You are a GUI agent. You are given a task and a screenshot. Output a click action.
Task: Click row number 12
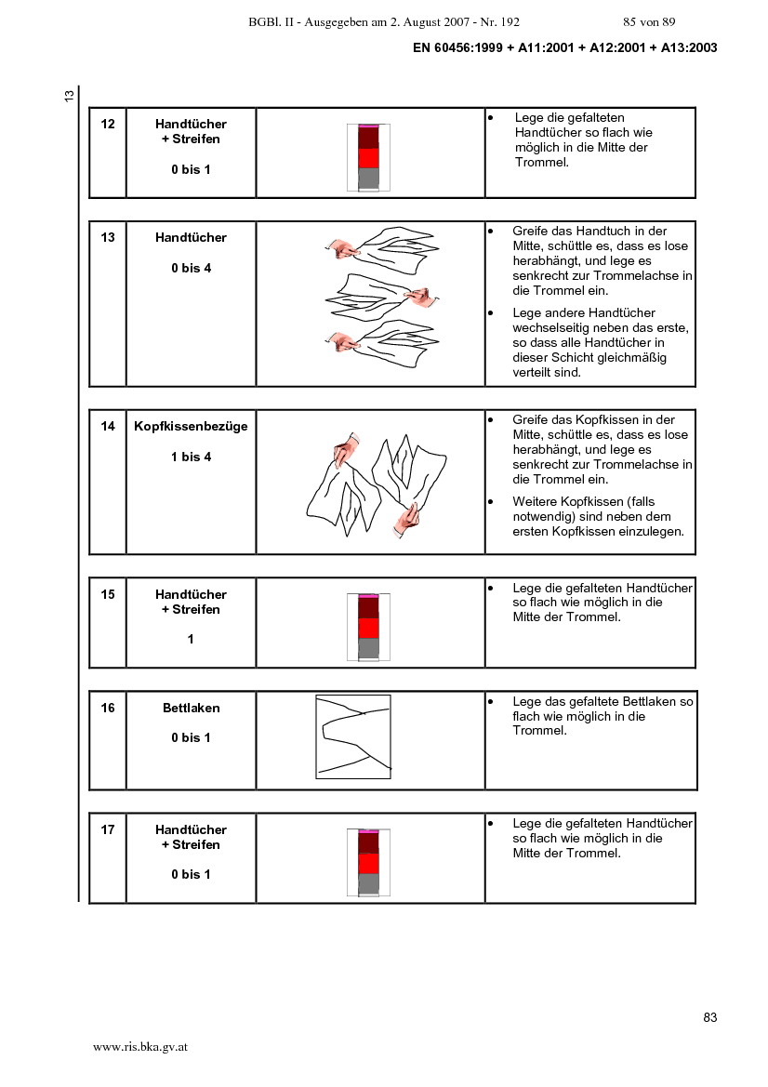tap(108, 124)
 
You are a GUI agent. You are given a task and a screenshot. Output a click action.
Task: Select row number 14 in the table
tap(108, 427)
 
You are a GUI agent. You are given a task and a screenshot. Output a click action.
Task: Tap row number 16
tap(108, 708)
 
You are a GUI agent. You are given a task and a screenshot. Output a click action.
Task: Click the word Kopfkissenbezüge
tap(191, 427)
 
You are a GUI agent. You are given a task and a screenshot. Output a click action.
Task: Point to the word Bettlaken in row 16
tap(192, 708)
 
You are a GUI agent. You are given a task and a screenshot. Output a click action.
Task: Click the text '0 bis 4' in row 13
tap(192, 269)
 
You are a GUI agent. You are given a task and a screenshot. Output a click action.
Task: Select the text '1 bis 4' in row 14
tap(192, 457)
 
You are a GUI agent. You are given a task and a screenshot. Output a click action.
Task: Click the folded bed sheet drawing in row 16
tap(353, 737)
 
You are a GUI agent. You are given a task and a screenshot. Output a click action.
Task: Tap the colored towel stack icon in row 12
tap(369, 157)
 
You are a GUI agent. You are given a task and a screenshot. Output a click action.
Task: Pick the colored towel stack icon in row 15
tap(369, 628)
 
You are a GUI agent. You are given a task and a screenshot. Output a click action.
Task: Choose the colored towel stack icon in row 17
tap(369, 862)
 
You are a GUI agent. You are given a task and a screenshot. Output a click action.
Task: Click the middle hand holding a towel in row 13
tap(421, 297)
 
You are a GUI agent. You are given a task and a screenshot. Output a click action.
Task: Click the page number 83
tap(710, 1017)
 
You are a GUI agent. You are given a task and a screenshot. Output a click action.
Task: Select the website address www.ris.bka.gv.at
tap(140, 1048)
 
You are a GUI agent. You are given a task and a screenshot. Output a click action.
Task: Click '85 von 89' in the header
tap(650, 22)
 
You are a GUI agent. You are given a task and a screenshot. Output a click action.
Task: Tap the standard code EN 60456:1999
tap(457, 47)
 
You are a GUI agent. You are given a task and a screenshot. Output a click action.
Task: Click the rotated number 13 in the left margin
tap(70, 97)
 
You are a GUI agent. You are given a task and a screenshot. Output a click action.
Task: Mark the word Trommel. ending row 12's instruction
tap(542, 162)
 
